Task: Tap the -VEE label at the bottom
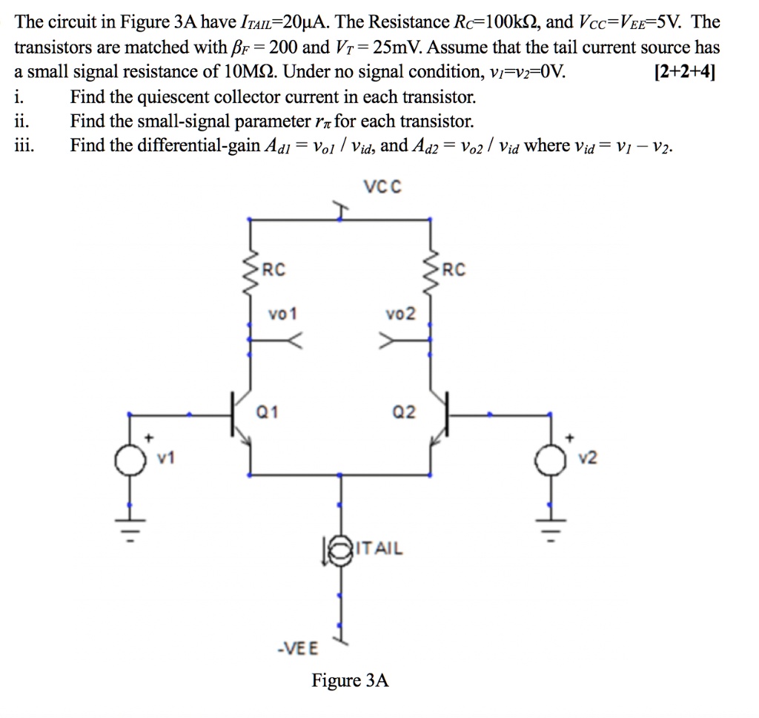click(x=296, y=648)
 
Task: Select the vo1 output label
click(x=282, y=314)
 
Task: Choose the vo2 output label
click(x=401, y=314)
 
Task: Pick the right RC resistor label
click(x=454, y=269)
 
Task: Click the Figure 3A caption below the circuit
click(x=350, y=680)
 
